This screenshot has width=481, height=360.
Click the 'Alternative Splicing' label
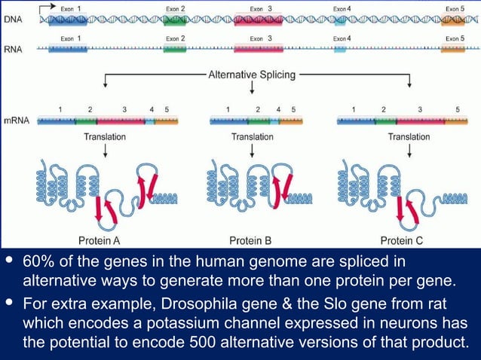pyautogui.click(x=251, y=75)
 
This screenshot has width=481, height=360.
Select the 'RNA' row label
pyautogui.click(x=14, y=50)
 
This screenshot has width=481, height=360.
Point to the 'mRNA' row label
pyautogui.click(x=17, y=121)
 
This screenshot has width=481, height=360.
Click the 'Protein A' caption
pyautogui.click(x=100, y=241)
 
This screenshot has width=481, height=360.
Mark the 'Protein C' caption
pyautogui.click(x=406, y=241)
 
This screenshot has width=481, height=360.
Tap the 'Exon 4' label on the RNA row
pyautogui.click(x=342, y=38)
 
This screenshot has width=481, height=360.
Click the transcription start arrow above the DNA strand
pyautogui.click(x=47, y=6)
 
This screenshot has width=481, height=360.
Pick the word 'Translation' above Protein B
pyautogui.click(x=252, y=137)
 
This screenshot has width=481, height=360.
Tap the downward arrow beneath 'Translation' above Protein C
pyautogui.click(x=409, y=150)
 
